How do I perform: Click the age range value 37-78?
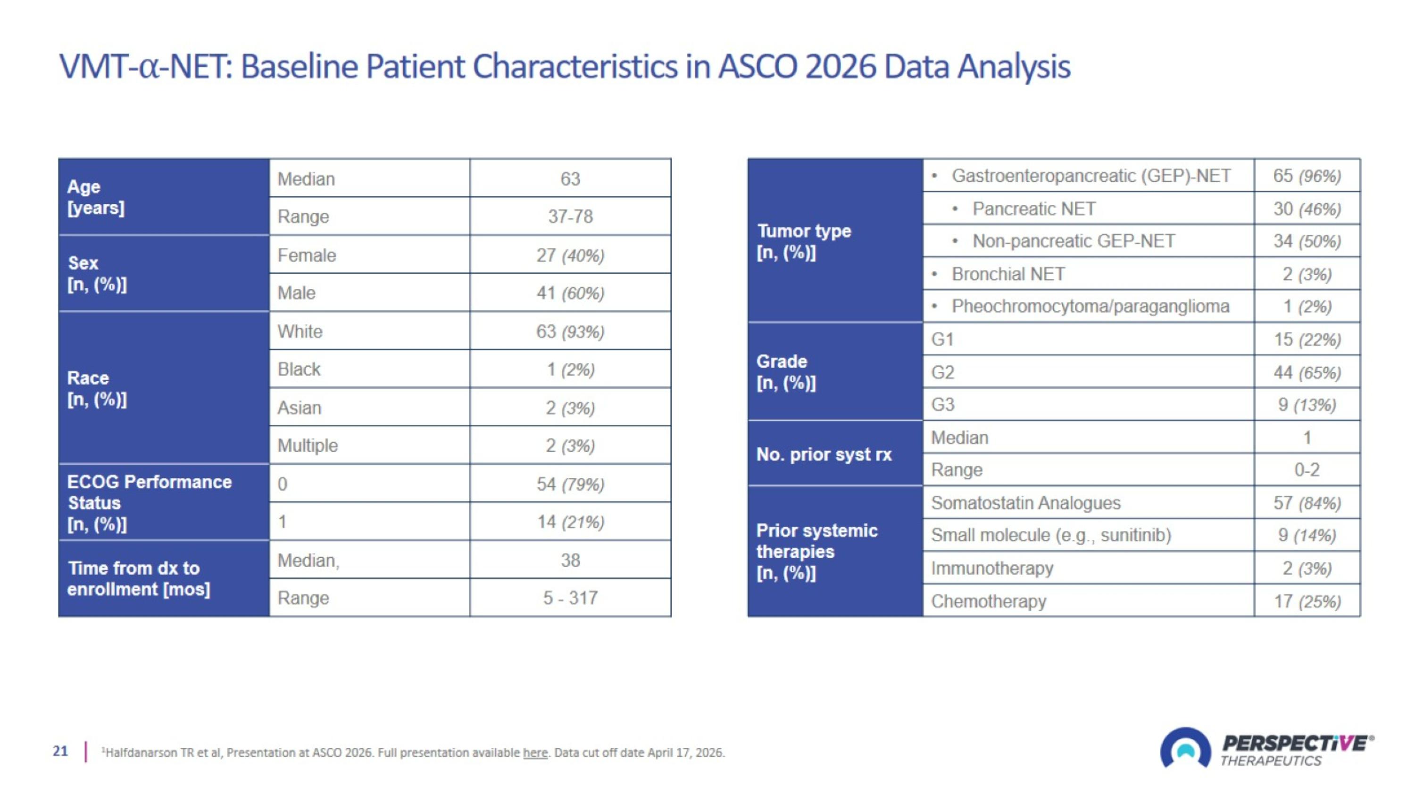click(570, 217)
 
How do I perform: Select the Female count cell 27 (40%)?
click(570, 255)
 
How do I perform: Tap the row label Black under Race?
click(299, 369)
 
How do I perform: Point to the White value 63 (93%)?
click(570, 331)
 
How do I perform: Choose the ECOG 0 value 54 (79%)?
click(570, 484)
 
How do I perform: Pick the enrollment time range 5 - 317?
click(570, 598)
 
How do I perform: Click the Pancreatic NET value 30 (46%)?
click(1307, 209)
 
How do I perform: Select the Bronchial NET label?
click(1008, 274)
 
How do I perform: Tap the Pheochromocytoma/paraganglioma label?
click(1090, 306)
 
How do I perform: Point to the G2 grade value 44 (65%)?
click(1307, 372)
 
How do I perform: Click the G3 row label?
click(942, 404)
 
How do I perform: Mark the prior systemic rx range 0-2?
click(1307, 469)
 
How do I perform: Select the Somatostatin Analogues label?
click(1025, 503)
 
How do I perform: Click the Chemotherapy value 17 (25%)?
click(1307, 602)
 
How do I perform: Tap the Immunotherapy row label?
click(992, 568)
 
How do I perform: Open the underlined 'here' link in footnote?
click(535, 753)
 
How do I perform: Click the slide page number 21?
click(60, 751)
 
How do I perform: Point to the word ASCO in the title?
click(757, 67)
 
